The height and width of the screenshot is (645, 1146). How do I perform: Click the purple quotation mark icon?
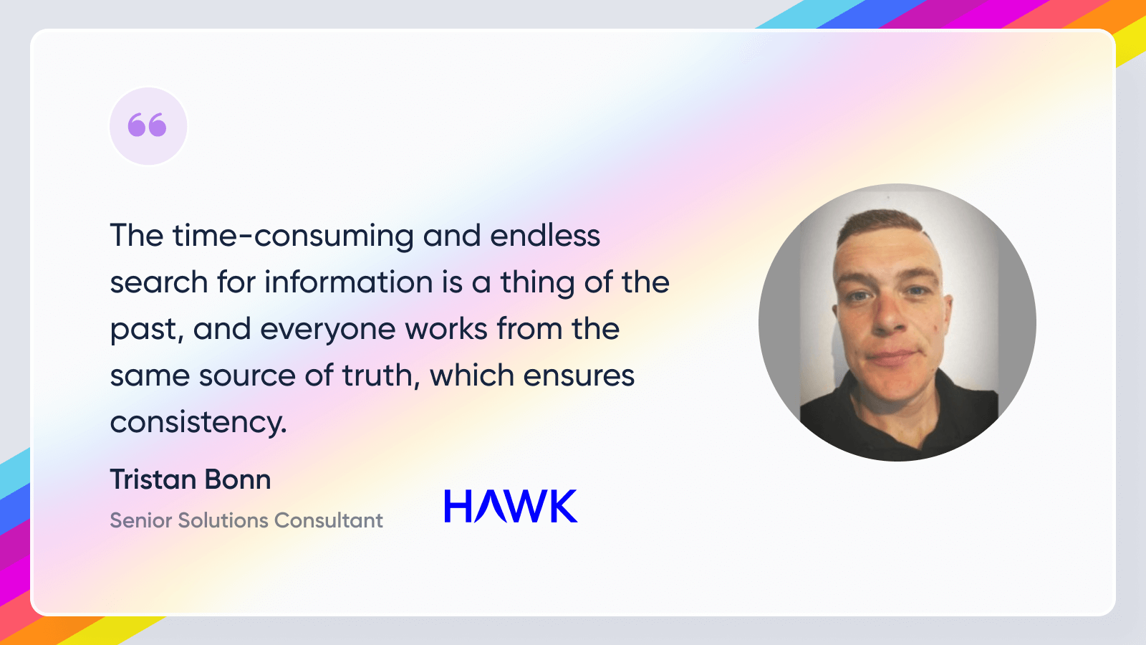[148, 125]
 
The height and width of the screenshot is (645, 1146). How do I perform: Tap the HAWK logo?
[511, 506]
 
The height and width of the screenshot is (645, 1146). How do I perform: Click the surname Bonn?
[238, 479]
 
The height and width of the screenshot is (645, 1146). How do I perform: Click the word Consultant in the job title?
[329, 520]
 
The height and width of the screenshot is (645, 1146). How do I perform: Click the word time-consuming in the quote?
[293, 236]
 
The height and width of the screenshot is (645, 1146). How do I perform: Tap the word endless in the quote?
[545, 236]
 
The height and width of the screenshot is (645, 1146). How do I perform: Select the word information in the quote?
[348, 282]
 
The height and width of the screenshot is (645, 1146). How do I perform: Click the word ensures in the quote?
[579, 376]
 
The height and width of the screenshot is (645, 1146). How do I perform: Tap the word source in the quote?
[247, 376]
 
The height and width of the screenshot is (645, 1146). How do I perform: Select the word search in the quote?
[159, 282]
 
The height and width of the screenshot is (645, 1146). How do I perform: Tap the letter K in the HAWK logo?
[563, 506]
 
